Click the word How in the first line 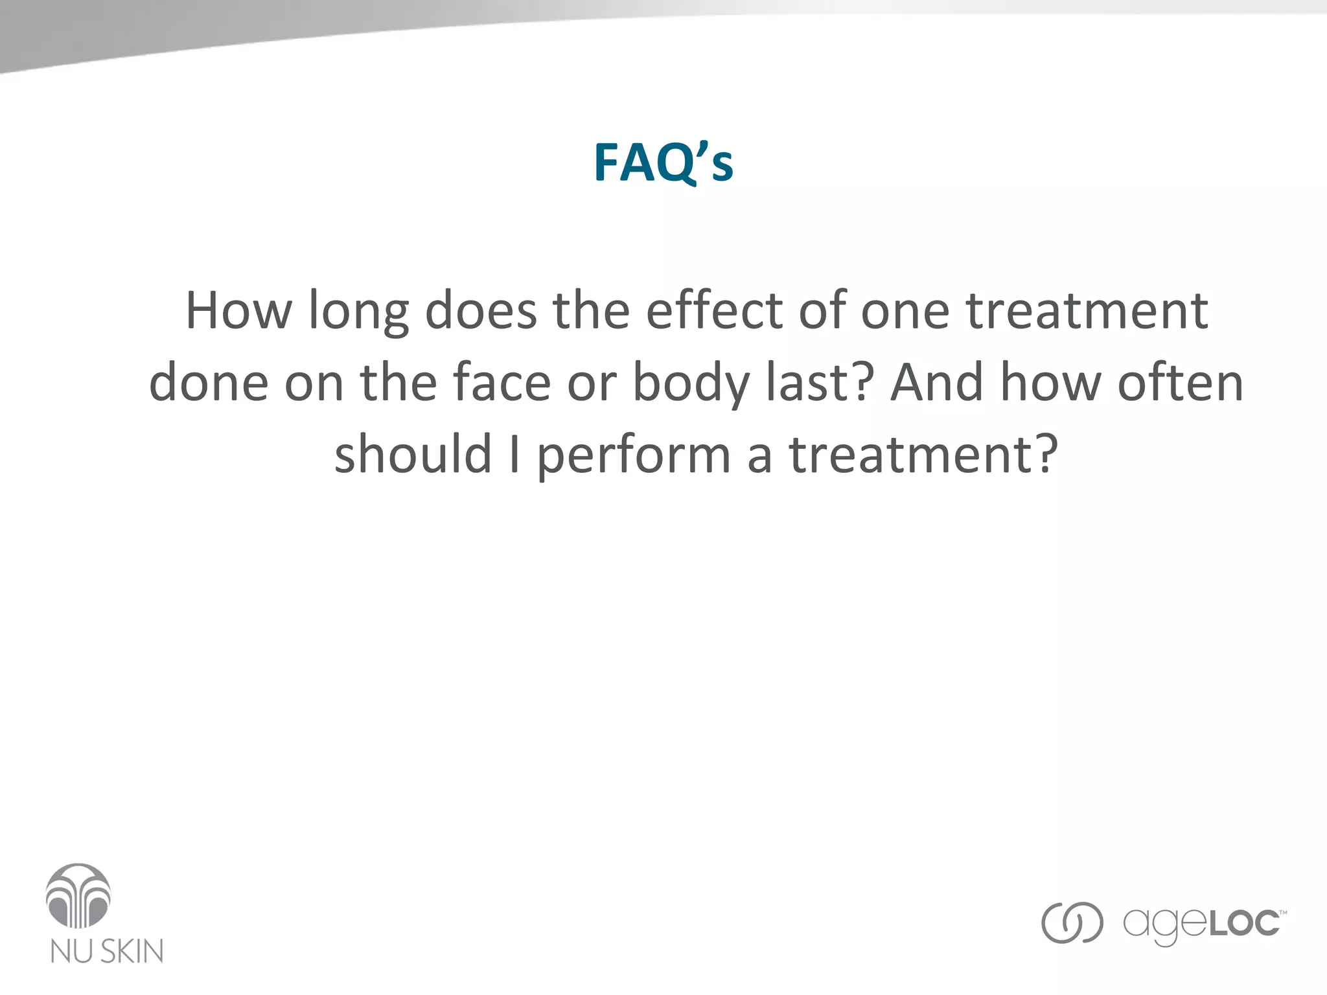click(238, 311)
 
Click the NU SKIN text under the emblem click(107, 951)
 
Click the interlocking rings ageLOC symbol click(1072, 922)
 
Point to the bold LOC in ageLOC click(1244, 924)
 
